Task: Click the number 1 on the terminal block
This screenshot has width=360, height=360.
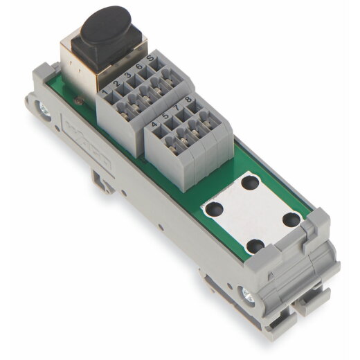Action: pos(105,91)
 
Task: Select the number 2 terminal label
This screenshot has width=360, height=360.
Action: pos(118,84)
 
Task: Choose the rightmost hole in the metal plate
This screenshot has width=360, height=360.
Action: pos(291,218)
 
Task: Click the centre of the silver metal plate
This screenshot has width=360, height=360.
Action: pos(252,213)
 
